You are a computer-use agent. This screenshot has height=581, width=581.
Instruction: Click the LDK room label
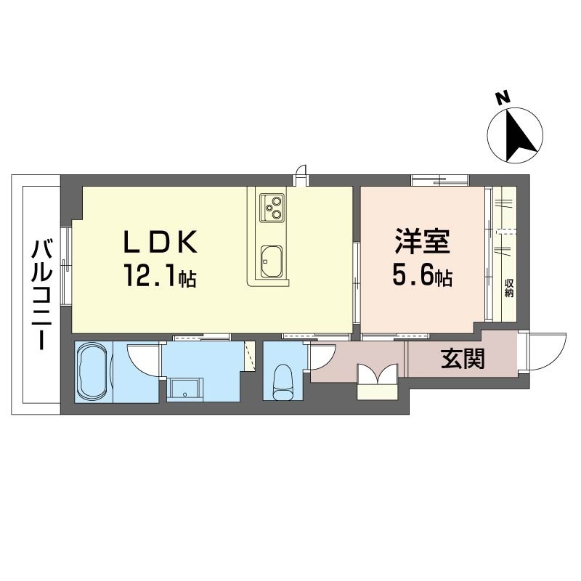tap(160, 242)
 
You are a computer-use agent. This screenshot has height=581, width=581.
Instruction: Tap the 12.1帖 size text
tap(160, 275)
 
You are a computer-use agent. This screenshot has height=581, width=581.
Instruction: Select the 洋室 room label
tap(423, 242)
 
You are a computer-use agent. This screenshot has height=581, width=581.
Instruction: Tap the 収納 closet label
tap(509, 288)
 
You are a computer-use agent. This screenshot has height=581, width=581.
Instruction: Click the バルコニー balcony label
tap(41, 295)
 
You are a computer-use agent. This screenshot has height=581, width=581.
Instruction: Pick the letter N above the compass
tap(503, 98)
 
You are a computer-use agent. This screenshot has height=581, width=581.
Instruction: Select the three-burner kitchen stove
tap(272, 208)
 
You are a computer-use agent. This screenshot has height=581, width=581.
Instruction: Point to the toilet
tap(283, 383)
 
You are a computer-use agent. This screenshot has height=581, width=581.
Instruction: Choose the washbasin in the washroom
tap(184, 389)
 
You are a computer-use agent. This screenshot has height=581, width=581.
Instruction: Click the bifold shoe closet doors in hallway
tap(378, 373)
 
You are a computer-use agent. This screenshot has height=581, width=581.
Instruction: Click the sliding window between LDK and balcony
tap(65, 266)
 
